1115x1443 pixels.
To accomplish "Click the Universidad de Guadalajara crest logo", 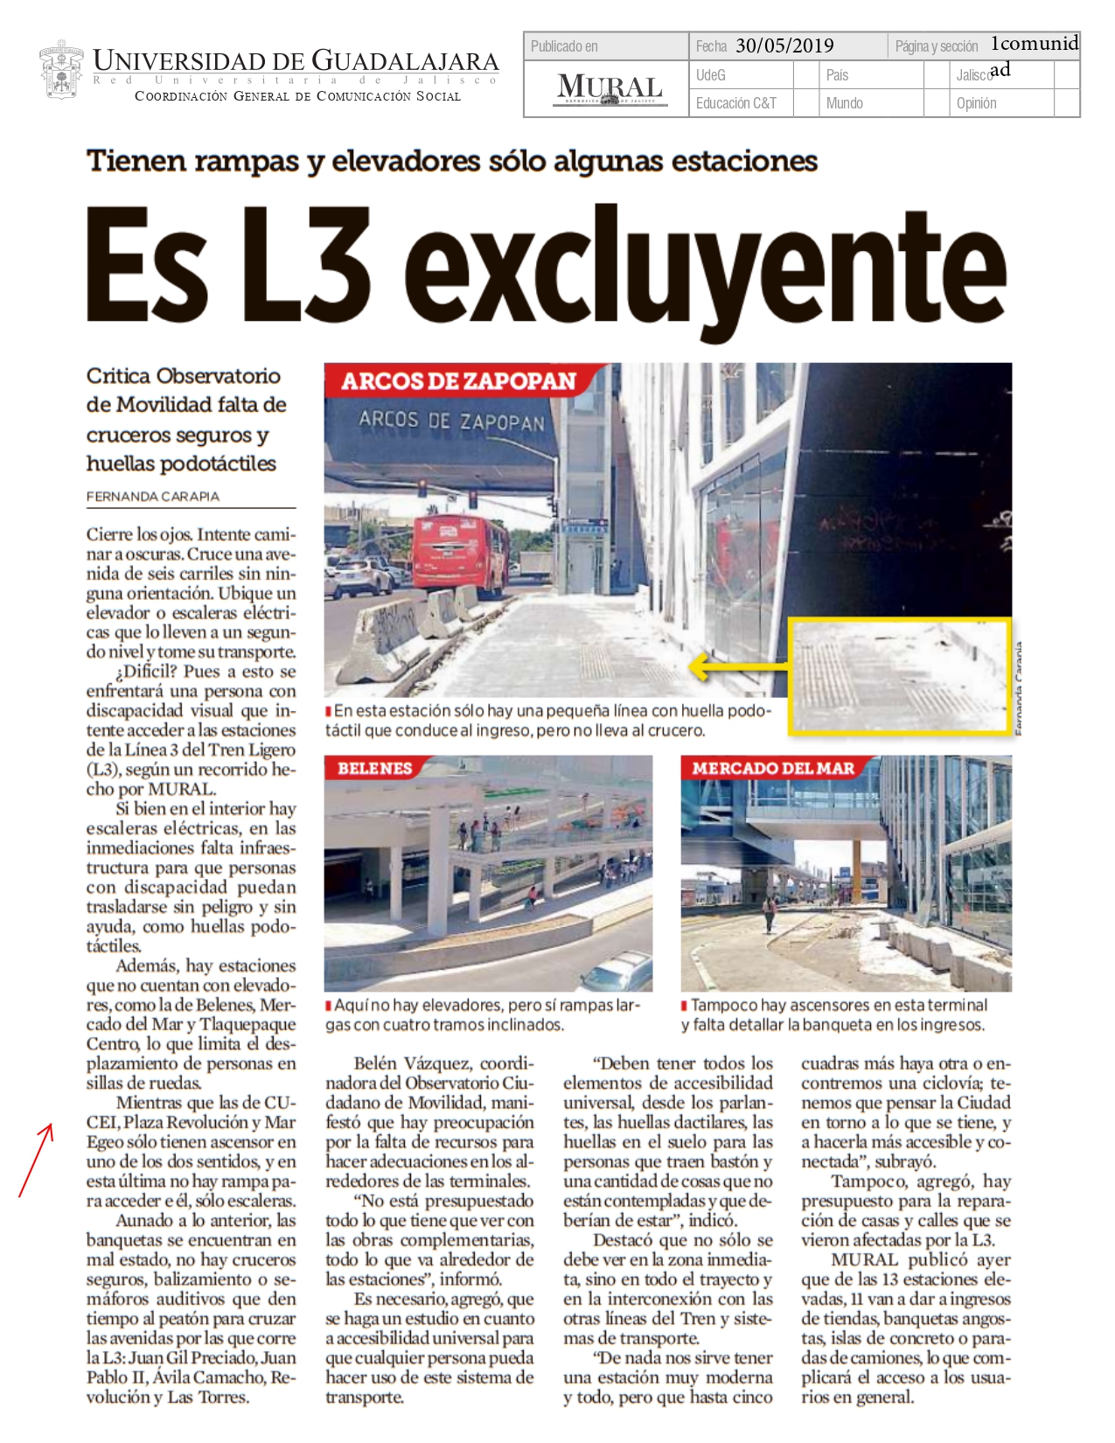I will pyautogui.click(x=60, y=71).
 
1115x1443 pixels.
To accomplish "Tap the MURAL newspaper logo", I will pyautogui.click(x=610, y=88).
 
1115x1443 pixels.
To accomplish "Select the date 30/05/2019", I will pyautogui.click(x=784, y=46).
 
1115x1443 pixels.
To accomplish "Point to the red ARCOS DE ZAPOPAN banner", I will pyautogui.click(x=459, y=381).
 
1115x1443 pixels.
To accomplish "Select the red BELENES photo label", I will pyautogui.click(x=374, y=769).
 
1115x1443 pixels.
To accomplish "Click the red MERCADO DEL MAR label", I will pyautogui.click(x=773, y=769).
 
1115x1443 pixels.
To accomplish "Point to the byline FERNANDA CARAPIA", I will pyautogui.click(x=153, y=497).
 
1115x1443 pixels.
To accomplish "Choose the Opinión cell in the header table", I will pyautogui.click(x=976, y=103).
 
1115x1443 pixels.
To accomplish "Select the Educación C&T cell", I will pyautogui.click(x=735, y=103).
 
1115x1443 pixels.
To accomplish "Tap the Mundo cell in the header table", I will pyautogui.click(x=844, y=103).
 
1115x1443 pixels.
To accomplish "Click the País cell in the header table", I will pyautogui.click(x=837, y=75).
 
